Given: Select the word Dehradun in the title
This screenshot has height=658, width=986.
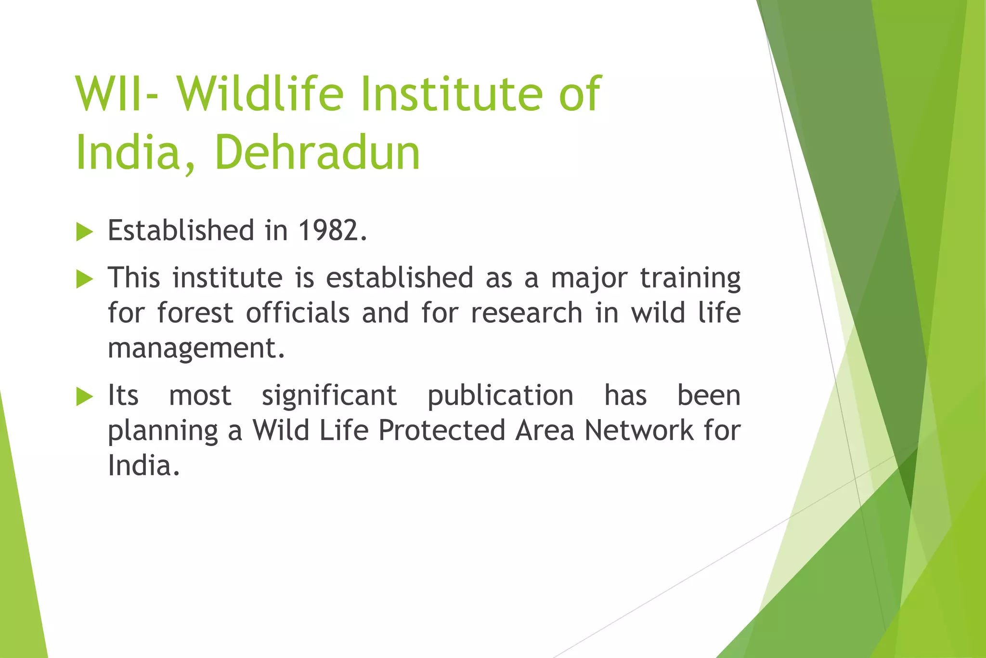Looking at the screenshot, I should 318,153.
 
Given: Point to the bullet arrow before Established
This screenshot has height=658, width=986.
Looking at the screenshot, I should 84,232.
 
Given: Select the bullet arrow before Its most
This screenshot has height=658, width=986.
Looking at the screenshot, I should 84,397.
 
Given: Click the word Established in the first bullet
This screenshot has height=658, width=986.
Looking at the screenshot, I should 181,230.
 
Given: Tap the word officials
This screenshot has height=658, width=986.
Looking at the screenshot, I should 298,313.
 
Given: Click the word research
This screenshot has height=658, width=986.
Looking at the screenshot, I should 527,313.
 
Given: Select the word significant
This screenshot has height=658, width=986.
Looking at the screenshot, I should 329,396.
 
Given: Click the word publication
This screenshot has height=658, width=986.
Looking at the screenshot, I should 501,396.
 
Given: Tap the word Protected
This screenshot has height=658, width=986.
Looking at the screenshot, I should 441,430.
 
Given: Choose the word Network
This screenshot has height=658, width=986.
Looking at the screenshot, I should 638,430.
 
